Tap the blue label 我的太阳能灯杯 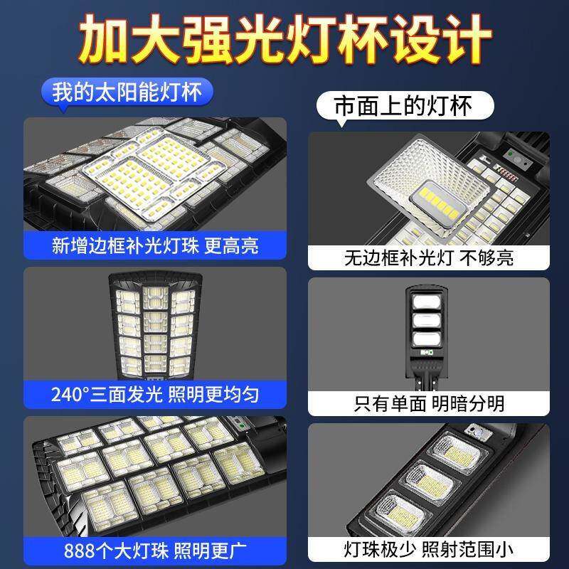point(127,92)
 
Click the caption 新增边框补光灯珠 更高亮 point(155,245)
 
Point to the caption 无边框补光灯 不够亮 point(428,257)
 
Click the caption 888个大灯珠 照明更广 point(155,550)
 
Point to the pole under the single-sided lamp point(428,377)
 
